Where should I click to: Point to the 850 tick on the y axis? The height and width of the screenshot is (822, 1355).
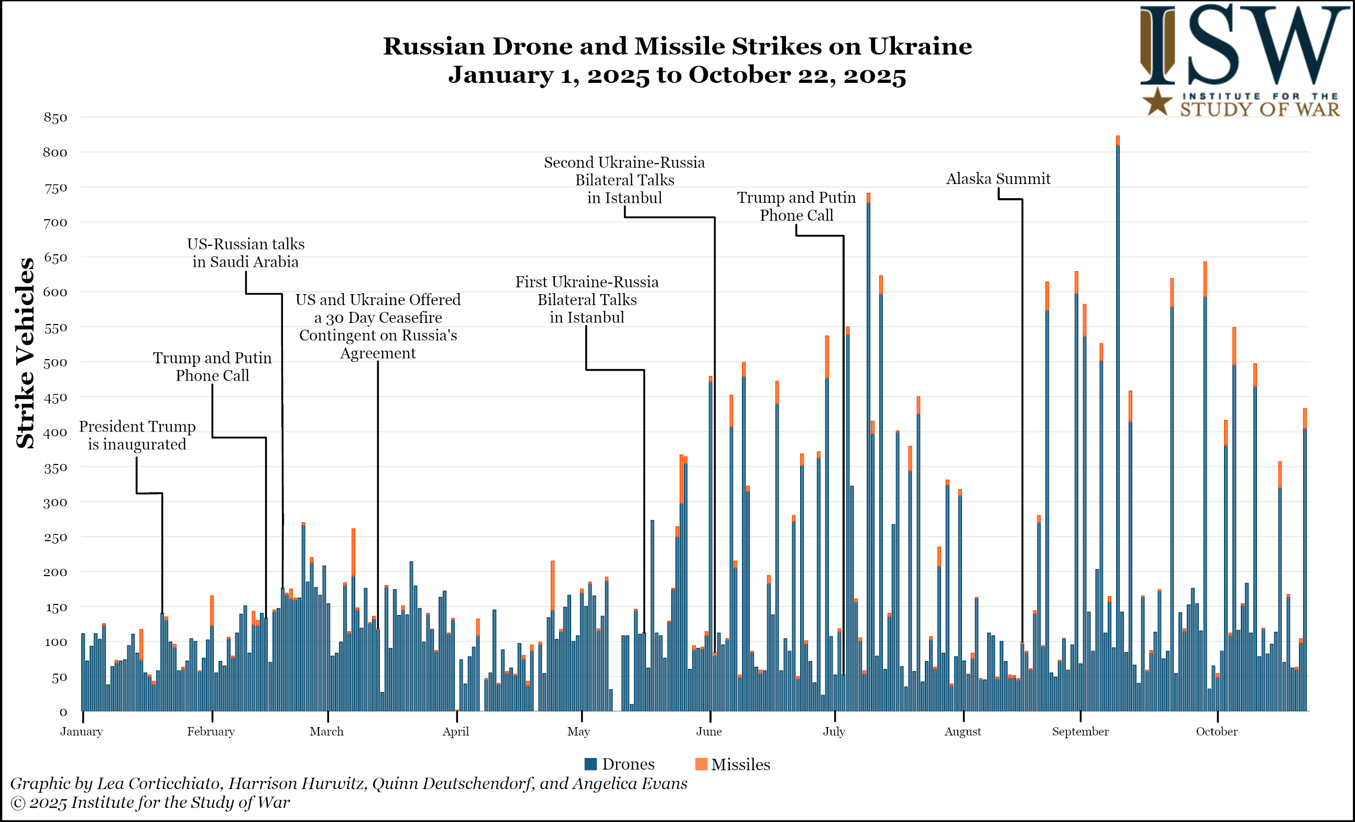pos(56,117)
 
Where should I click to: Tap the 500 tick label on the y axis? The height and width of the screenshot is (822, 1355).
pos(56,362)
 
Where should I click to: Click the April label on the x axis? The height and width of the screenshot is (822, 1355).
pos(456,731)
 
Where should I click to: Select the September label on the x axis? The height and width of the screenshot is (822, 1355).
pos(1080,731)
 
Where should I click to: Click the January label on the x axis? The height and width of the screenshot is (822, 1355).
pos(81,731)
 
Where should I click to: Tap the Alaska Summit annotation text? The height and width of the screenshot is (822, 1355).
pos(998,178)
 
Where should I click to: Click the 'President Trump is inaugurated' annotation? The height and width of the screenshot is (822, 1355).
pos(137,435)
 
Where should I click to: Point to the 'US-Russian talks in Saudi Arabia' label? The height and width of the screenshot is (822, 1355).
pos(245,253)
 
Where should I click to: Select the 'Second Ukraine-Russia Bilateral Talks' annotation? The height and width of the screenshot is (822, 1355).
pos(624,180)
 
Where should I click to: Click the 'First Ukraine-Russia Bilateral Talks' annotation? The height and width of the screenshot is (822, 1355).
pos(587,299)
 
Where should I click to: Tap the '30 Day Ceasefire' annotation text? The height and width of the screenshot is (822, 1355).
pos(378,326)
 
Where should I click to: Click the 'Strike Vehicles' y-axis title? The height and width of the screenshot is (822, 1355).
pos(25,353)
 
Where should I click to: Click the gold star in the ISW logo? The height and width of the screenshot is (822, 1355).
pos(1157,102)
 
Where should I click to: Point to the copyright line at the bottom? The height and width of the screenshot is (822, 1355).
pos(150,802)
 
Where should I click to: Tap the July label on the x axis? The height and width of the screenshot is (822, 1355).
pos(834,731)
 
